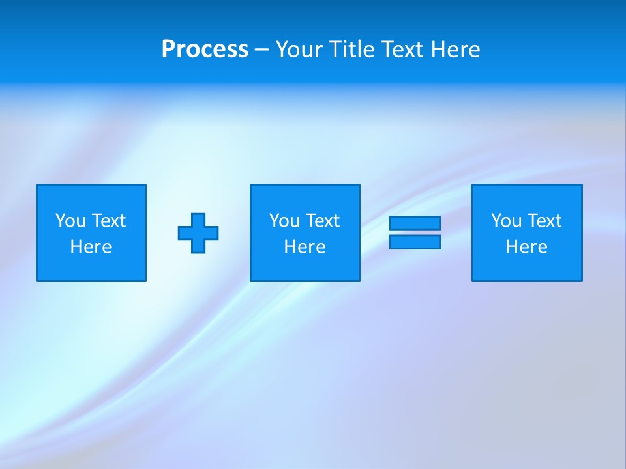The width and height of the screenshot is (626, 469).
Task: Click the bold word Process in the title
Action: point(205,50)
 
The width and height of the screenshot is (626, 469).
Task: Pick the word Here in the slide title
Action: point(456,50)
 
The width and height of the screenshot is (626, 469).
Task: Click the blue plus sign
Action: point(198,233)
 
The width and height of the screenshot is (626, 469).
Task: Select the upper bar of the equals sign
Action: point(415,223)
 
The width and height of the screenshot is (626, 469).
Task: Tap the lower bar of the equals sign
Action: point(415,242)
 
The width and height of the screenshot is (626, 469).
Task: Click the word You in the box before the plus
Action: point(70,221)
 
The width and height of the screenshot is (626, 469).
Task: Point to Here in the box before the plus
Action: point(91,247)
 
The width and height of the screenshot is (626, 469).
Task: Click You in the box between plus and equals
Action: point(284,221)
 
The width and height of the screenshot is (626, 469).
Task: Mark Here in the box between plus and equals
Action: point(305,247)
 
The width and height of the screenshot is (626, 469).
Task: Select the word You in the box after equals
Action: point(506,221)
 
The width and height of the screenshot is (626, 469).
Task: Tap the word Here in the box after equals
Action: point(527,247)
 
